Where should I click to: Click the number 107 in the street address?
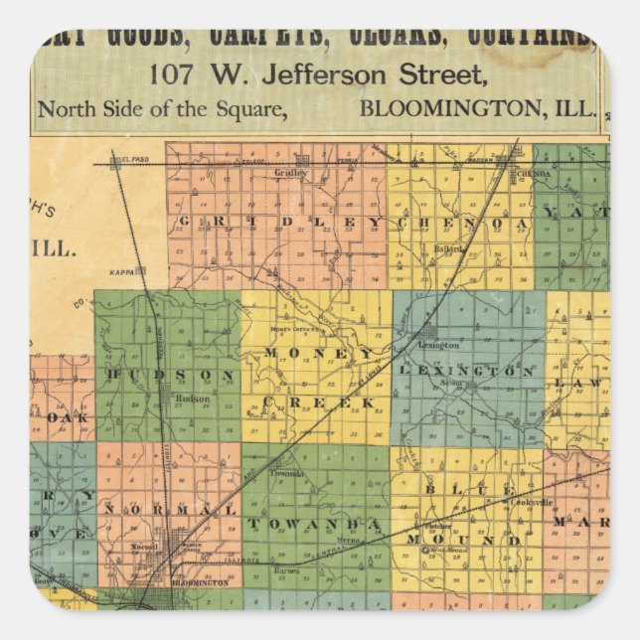[x=171, y=74]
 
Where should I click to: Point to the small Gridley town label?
[x=291, y=172]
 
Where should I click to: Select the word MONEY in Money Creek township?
[x=318, y=353]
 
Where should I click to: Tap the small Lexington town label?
[x=442, y=345]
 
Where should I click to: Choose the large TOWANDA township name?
[x=314, y=523]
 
